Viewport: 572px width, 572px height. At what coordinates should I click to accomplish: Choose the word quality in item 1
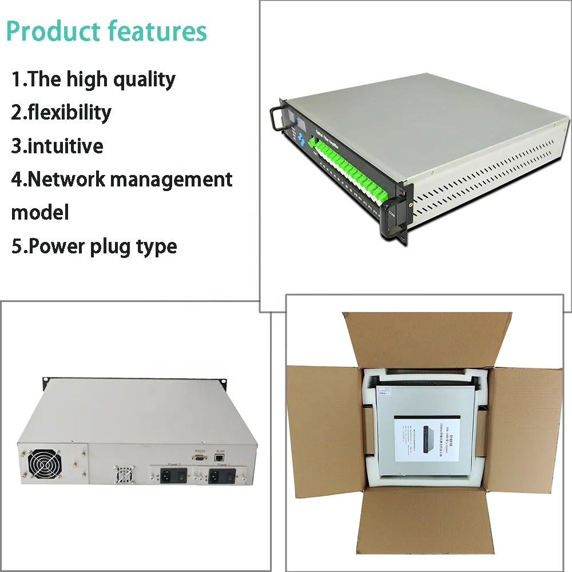(144, 79)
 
